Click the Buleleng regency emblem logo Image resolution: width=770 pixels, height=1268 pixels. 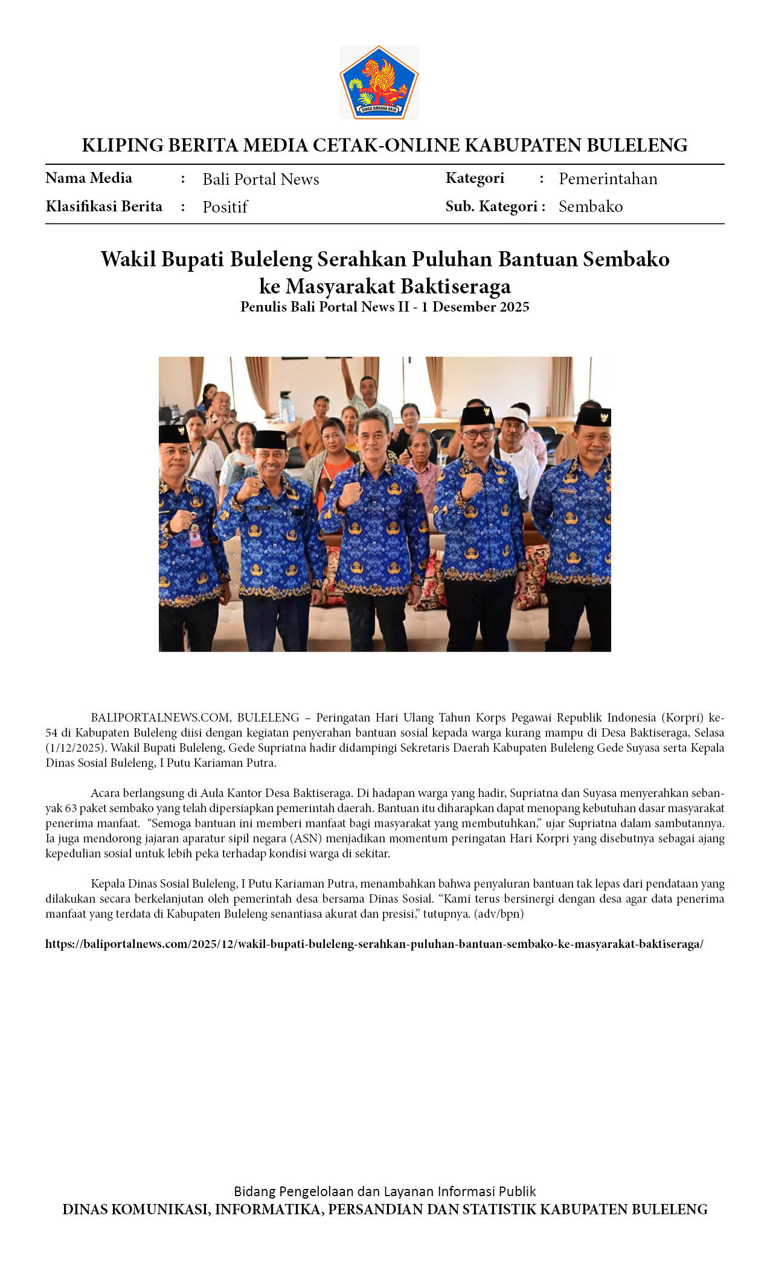pyautogui.click(x=379, y=82)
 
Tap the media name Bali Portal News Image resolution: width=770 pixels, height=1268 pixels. pyautogui.click(x=260, y=179)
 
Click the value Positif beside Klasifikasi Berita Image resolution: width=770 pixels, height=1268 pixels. pyautogui.click(x=225, y=207)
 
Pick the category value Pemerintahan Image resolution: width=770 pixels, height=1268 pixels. pyautogui.click(x=608, y=179)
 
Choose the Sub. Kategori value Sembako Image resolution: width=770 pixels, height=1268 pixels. pyautogui.click(x=590, y=207)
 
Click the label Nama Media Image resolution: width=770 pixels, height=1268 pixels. pyautogui.click(x=89, y=178)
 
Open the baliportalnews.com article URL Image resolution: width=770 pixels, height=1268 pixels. pyautogui.click(x=374, y=944)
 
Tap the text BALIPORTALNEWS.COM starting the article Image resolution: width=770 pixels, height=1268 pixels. pyautogui.click(x=161, y=717)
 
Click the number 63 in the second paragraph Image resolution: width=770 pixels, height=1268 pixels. pyautogui.click(x=70, y=808)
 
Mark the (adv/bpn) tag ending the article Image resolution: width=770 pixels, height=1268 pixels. pyautogui.click(x=499, y=914)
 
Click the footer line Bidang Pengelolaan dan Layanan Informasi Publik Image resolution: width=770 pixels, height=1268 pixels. pyautogui.click(x=385, y=1191)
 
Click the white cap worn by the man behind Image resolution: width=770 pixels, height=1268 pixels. pyautogui.click(x=515, y=414)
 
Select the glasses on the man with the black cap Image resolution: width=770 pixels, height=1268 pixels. pyautogui.click(x=476, y=434)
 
